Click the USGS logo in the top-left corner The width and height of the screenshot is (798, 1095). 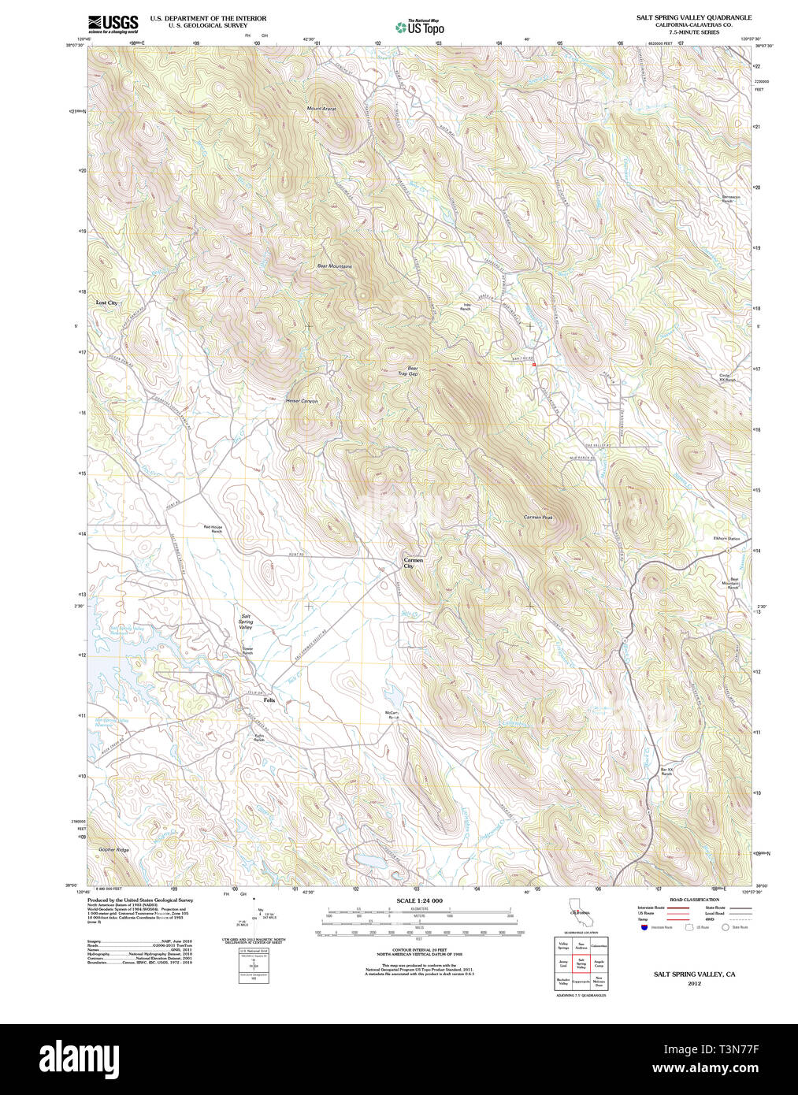[x=113, y=24]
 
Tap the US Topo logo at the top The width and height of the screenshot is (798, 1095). [x=420, y=28]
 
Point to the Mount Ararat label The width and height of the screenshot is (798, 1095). [x=321, y=108]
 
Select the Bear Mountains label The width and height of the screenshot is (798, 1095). [x=334, y=266]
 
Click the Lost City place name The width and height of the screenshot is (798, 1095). [x=106, y=303]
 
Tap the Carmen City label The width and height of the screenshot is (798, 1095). [x=413, y=563]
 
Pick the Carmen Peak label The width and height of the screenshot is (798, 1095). [x=538, y=518]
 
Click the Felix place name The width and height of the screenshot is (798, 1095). [x=269, y=700]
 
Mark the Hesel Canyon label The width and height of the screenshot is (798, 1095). [x=302, y=401]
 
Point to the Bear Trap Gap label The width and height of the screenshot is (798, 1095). [x=407, y=370]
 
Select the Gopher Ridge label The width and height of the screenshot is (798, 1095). [x=113, y=850]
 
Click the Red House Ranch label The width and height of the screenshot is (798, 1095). [x=213, y=529]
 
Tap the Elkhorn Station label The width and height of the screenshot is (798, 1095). [x=726, y=539]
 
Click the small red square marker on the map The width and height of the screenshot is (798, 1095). [x=533, y=365]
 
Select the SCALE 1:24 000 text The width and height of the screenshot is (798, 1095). [x=419, y=900]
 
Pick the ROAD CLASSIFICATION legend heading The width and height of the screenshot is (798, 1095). [x=694, y=900]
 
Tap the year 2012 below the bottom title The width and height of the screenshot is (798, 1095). [x=694, y=983]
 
